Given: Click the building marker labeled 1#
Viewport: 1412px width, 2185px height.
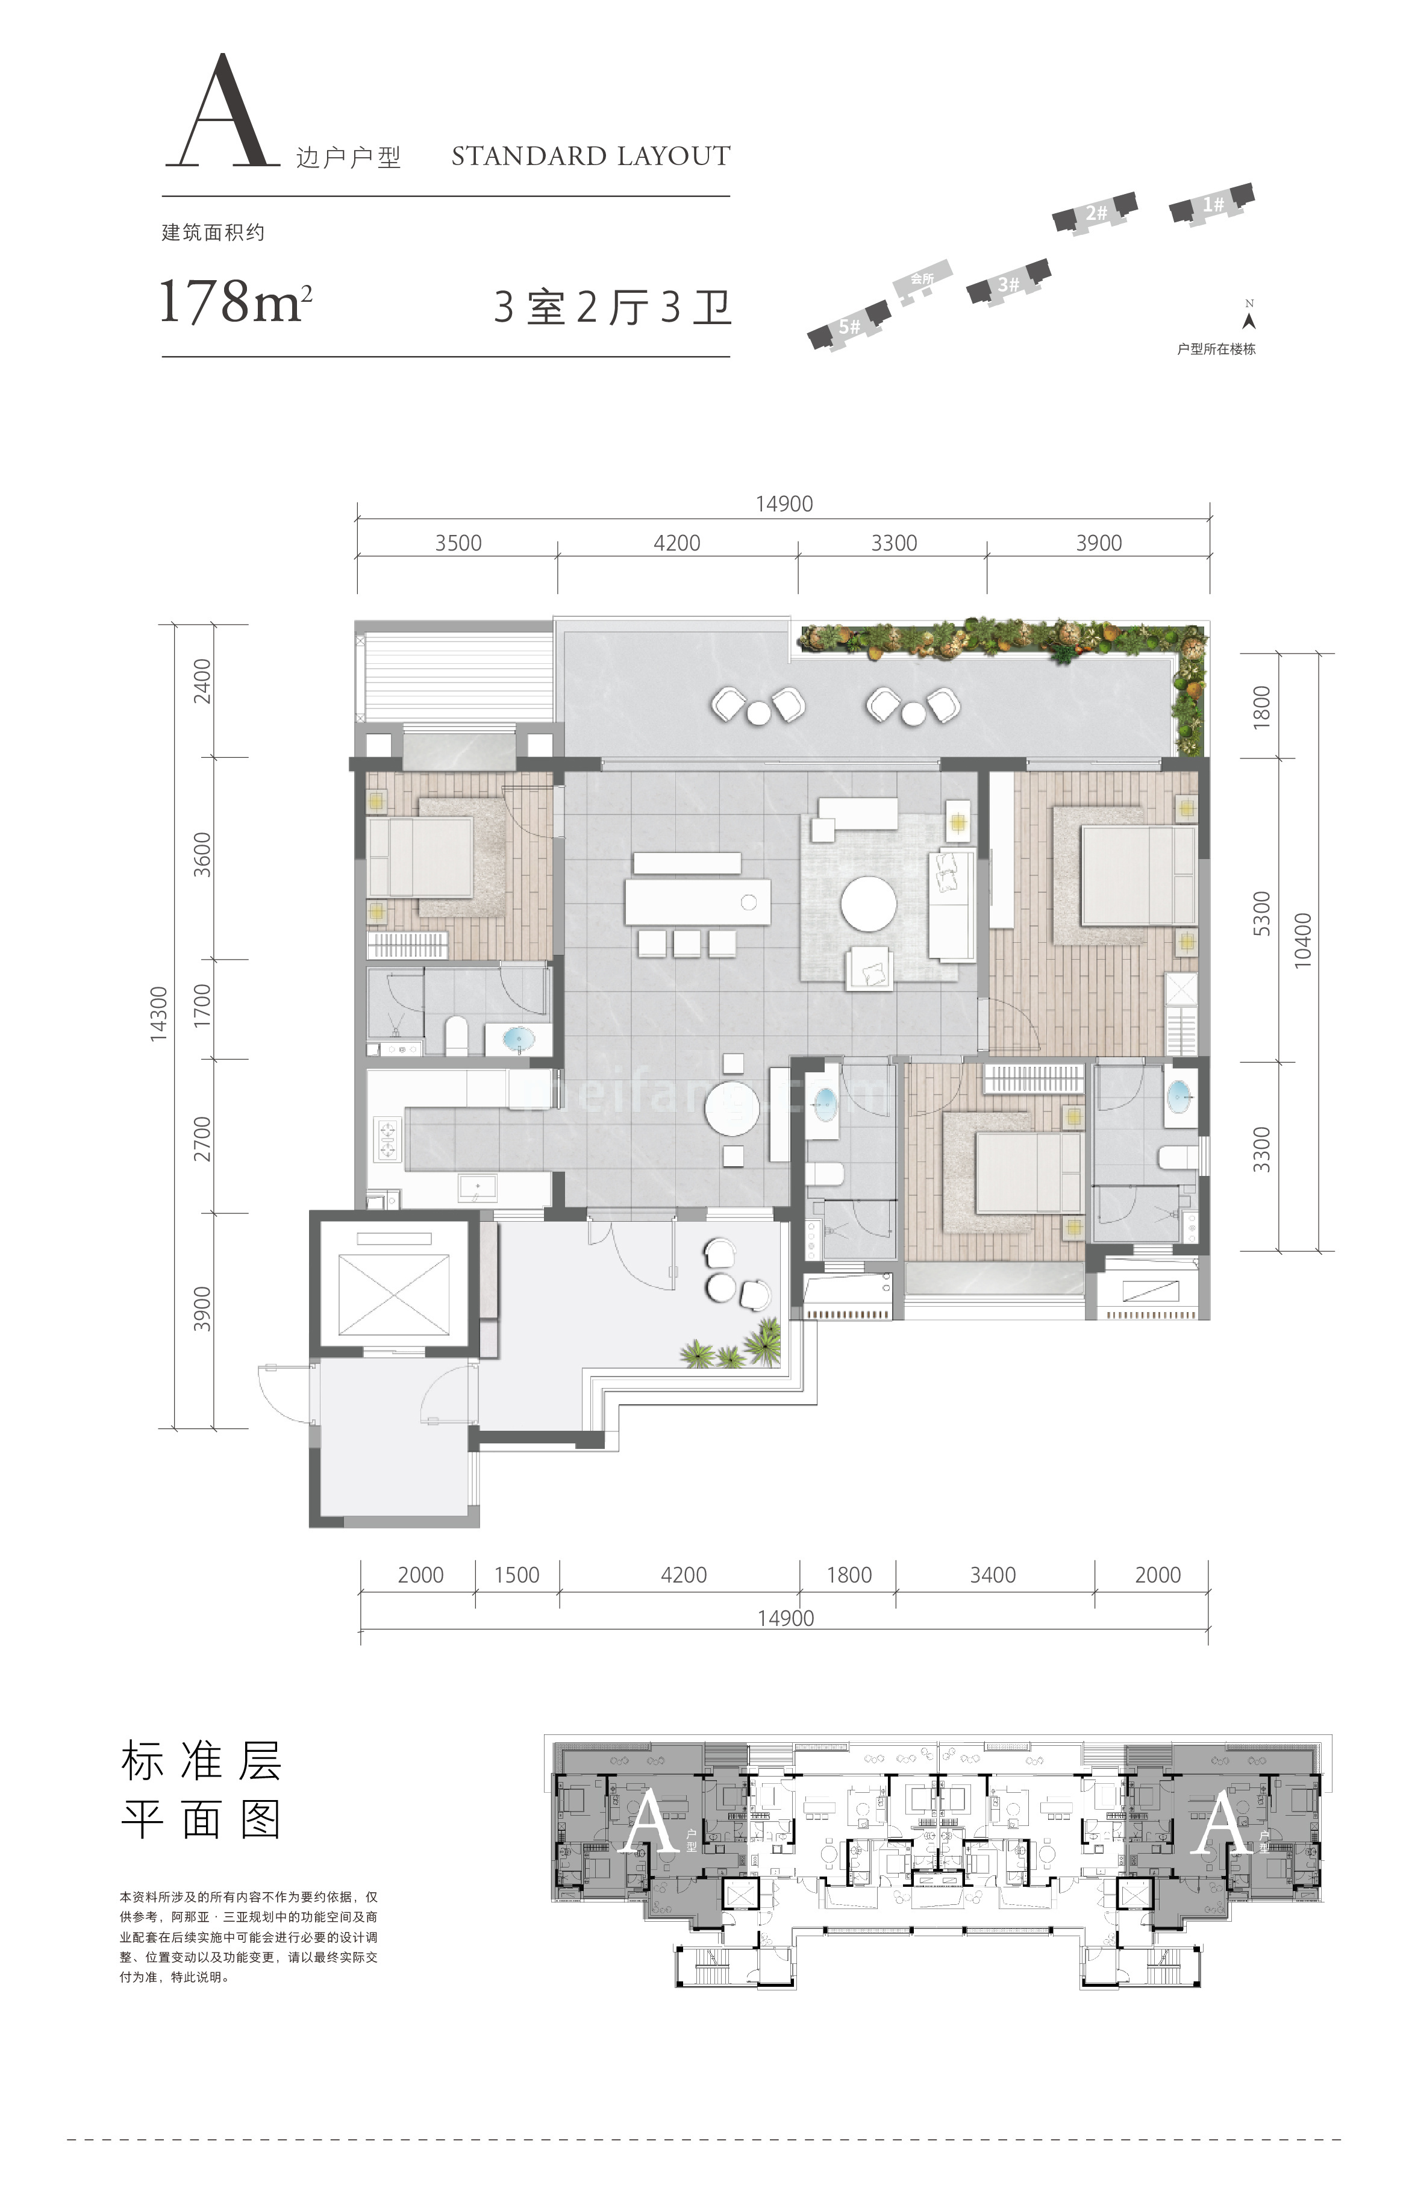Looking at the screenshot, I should (x=1212, y=204).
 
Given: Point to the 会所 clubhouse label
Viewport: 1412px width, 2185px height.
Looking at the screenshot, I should (x=922, y=279).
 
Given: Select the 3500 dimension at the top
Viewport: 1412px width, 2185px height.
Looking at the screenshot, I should (x=458, y=543).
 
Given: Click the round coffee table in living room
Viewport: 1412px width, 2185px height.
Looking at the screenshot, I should (x=868, y=903).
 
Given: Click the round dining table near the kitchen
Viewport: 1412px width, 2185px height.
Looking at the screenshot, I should (x=732, y=1108).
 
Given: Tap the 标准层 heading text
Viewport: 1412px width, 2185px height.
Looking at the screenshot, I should (x=201, y=1760).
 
